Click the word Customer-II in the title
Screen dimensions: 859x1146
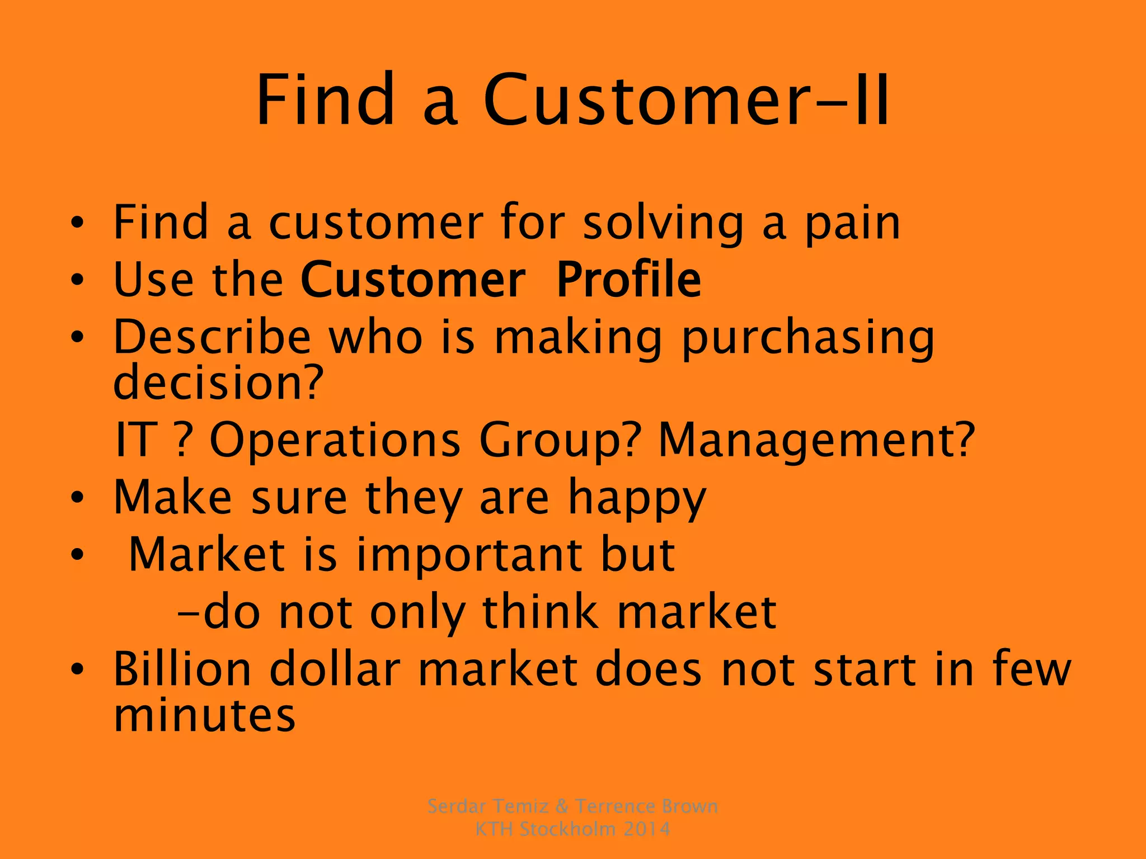(685, 101)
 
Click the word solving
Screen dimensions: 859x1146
(663, 224)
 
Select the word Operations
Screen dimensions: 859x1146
(334, 440)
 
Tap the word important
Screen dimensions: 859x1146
(469, 555)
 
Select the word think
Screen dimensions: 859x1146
(539, 612)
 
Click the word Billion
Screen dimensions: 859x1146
(182, 669)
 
